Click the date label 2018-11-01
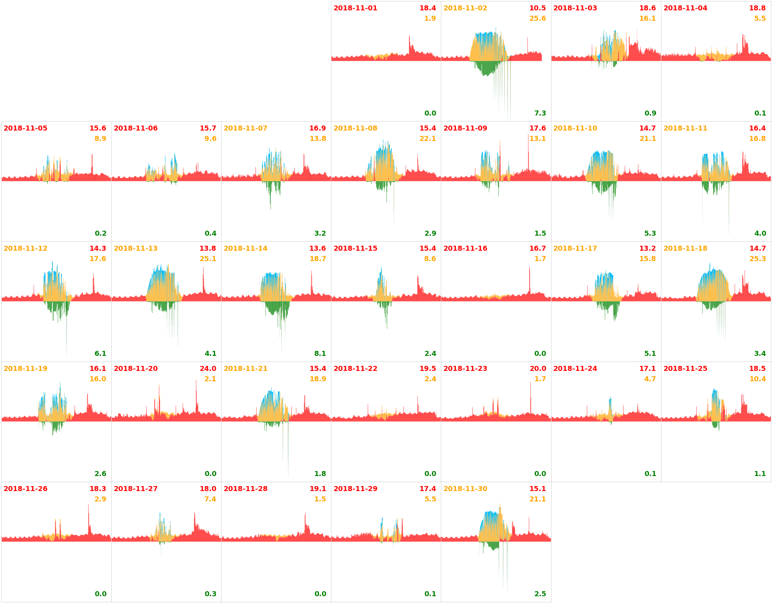pos(355,8)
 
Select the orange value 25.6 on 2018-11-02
pos(537,18)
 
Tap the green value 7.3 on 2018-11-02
pos(540,113)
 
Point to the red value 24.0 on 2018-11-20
pos(208,368)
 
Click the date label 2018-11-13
pos(135,248)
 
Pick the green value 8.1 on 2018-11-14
pos(320,353)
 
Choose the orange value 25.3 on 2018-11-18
pos(757,259)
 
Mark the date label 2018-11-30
pos(465,489)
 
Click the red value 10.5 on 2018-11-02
pos(537,8)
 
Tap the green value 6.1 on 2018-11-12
pos(100,353)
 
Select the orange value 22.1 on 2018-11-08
pos(427,138)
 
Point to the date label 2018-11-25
pos(685,368)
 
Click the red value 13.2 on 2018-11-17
pos(647,248)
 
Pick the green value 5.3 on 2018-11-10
pos(650,233)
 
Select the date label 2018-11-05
pos(25,128)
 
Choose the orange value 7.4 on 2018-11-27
pos(210,499)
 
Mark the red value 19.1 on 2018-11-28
pos(317,489)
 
